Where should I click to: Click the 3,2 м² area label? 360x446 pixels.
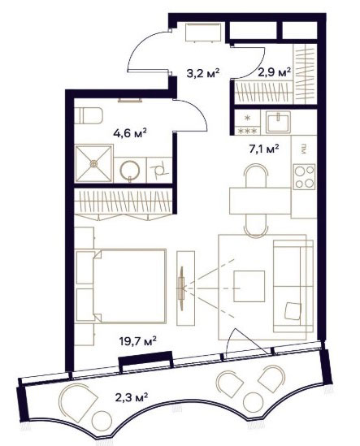click(203, 73)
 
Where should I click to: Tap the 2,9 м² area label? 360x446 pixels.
click(275, 72)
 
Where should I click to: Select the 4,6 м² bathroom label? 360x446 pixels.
click(130, 133)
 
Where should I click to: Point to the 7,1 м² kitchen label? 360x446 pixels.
click(264, 149)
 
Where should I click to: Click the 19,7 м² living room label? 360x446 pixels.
click(137, 340)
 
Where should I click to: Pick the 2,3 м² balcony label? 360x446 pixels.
click(132, 397)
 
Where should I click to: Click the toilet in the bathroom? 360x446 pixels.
click(89, 116)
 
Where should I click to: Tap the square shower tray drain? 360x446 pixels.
click(93, 163)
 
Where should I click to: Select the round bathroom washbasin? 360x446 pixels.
click(130, 171)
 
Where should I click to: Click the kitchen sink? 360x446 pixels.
click(278, 123)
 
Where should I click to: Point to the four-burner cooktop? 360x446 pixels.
click(305, 177)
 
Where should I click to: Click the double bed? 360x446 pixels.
click(130, 286)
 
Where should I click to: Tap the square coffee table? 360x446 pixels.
click(249, 286)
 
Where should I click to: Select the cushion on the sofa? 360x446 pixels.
click(293, 311)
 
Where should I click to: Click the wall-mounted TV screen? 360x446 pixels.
click(180, 288)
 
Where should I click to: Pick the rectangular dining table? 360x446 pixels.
click(260, 201)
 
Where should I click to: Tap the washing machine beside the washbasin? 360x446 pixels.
click(159, 170)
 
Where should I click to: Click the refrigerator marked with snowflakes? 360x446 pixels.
click(247, 123)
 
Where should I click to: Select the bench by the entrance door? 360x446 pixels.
click(203, 32)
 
